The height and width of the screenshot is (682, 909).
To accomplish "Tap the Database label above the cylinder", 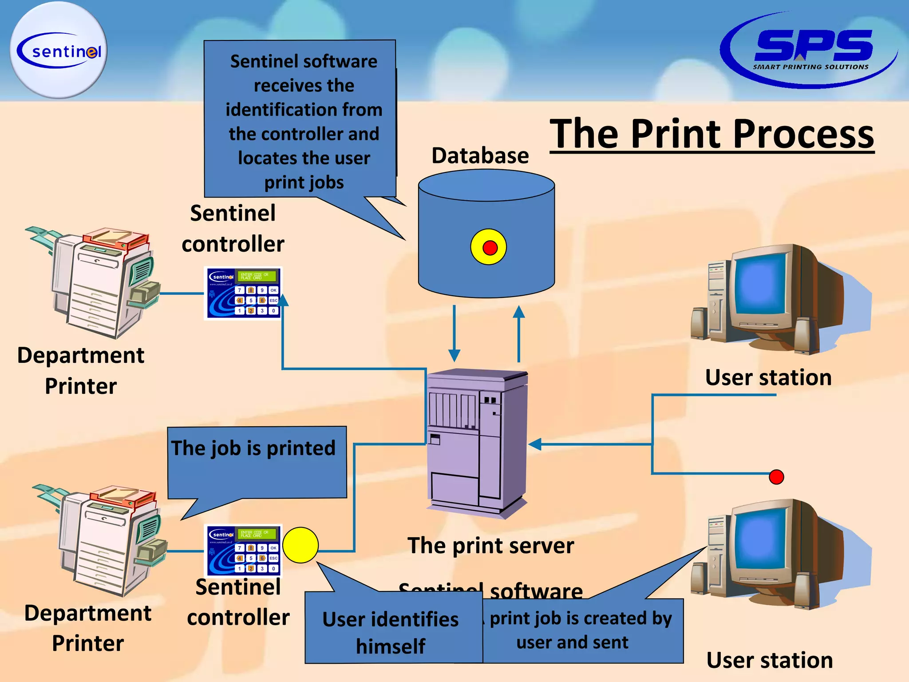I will (x=480, y=156).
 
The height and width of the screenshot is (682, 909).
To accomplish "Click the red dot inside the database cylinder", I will (x=490, y=248).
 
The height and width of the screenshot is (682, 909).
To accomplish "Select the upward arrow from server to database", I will (x=518, y=333).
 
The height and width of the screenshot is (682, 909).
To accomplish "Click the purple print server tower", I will (x=477, y=444).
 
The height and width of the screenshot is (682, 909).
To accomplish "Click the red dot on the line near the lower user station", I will (x=776, y=477).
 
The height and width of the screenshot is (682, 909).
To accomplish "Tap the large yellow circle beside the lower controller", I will (x=300, y=545).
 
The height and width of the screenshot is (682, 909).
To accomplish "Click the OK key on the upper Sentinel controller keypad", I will (x=273, y=290).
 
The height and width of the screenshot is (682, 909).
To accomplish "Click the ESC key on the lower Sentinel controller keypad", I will (x=273, y=558).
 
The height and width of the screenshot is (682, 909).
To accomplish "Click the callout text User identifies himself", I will (x=391, y=632).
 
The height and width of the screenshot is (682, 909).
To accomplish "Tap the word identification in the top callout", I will (x=304, y=110).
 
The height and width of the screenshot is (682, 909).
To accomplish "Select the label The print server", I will (x=490, y=545).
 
